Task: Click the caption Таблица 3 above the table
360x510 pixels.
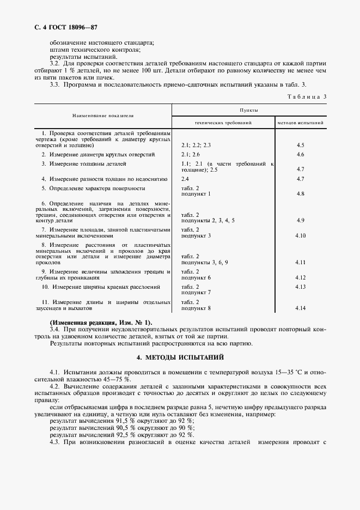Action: [x=306, y=96]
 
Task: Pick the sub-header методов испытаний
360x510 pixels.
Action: [x=300, y=123]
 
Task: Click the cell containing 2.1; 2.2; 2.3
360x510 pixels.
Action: [x=196, y=145]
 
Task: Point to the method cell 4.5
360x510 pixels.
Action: [x=300, y=145]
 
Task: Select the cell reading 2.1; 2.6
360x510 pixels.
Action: [x=191, y=155]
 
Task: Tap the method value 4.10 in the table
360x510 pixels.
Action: [x=300, y=236]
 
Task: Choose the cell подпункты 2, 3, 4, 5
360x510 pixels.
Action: [x=208, y=220]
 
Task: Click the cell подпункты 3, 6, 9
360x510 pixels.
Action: [x=204, y=262]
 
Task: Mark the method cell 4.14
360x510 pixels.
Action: [x=300, y=308]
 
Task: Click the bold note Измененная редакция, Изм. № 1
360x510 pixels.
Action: [x=101, y=323]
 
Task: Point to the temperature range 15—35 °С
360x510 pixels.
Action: [x=287, y=372]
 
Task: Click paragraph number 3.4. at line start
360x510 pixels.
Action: [x=55, y=330]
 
